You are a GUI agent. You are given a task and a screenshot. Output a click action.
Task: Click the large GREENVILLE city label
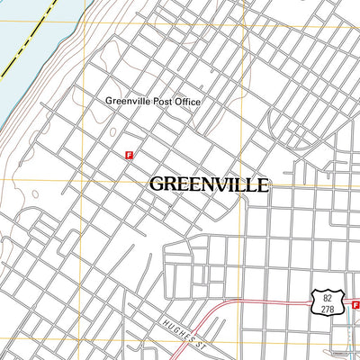(208, 184)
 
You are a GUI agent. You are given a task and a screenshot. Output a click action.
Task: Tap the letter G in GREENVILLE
(157, 184)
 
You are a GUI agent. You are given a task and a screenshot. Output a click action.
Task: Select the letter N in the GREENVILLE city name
(210, 184)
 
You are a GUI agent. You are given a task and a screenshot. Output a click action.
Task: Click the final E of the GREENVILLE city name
(262, 184)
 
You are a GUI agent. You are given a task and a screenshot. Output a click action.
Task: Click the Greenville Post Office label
(153, 102)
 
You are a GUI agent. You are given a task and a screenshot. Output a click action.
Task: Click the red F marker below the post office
(130, 155)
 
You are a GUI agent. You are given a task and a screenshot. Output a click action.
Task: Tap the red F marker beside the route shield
(356, 305)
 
